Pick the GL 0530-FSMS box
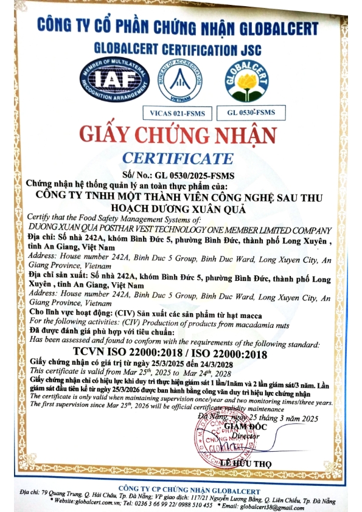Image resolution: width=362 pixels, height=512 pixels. (x=248, y=112)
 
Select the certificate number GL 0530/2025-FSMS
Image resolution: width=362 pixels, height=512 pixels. (x=196, y=175)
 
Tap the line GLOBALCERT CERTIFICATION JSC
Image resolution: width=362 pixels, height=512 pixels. (x=178, y=47)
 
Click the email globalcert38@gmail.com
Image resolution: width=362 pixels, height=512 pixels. (x=269, y=505)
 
